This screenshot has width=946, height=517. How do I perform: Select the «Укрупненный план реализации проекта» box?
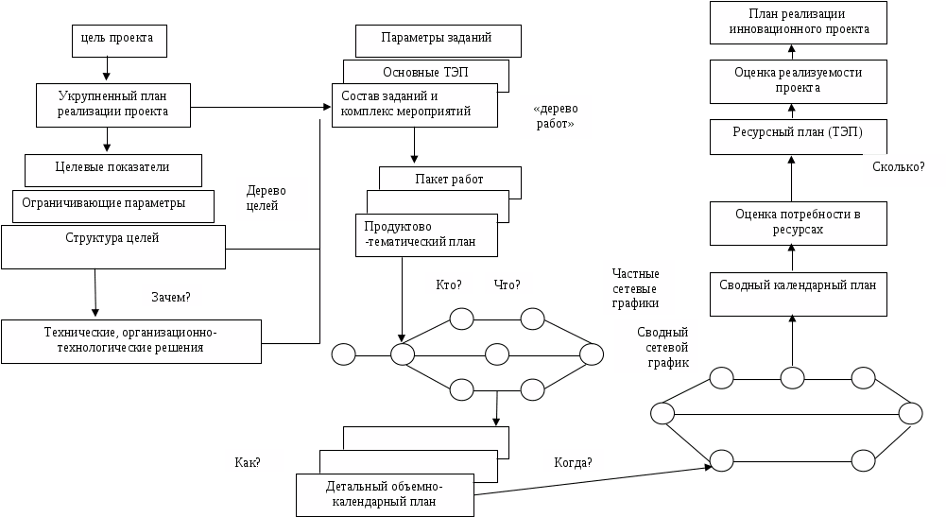113,104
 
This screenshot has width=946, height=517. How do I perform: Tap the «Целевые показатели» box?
113,168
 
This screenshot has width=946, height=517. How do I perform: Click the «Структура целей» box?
112,245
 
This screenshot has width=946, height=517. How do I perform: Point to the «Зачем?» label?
171,296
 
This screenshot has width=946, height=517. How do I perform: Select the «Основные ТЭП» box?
425,72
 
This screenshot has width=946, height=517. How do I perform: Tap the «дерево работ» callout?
555,116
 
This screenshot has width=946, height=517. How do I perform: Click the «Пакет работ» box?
449,179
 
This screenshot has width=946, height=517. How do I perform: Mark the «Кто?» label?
449,283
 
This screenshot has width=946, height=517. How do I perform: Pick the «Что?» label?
508,283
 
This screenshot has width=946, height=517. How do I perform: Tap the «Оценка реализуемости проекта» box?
798,80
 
